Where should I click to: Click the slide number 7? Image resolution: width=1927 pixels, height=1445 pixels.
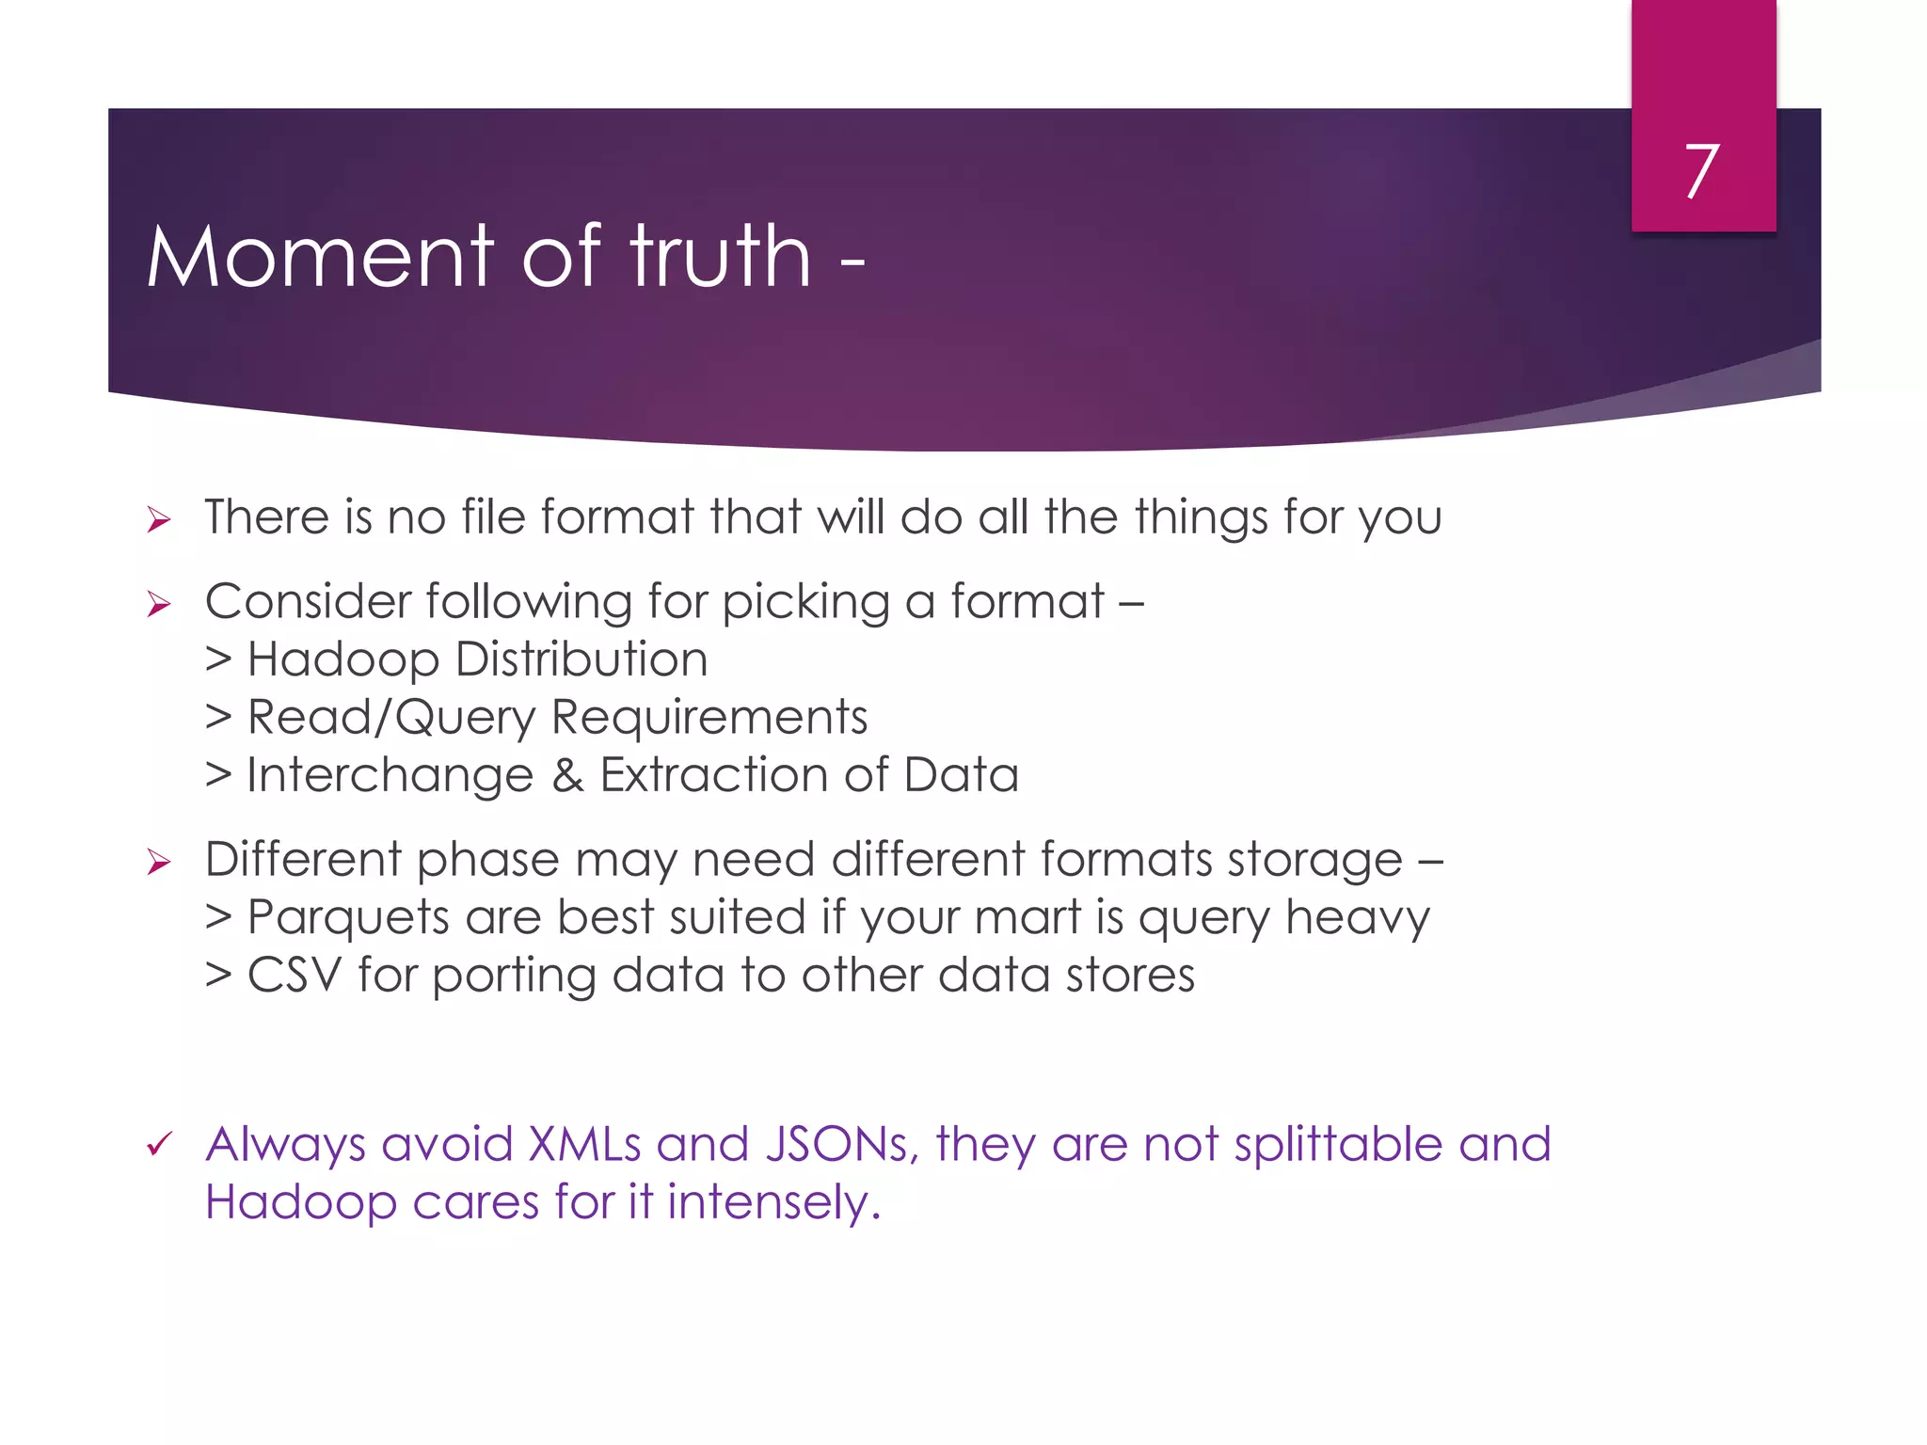(x=1702, y=171)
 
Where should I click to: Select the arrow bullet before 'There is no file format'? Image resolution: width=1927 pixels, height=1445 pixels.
(x=159, y=519)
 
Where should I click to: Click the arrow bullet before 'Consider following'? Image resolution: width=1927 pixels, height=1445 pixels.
(x=159, y=604)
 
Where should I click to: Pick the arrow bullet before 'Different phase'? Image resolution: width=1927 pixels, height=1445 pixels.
(x=159, y=862)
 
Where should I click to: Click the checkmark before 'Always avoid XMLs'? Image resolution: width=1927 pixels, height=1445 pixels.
(x=159, y=1145)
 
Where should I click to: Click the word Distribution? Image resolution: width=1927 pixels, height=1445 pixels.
(x=581, y=659)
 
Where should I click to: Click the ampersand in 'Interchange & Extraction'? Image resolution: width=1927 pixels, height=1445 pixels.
(x=567, y=776)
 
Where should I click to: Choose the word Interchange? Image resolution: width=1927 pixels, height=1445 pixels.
(x=390, y=776)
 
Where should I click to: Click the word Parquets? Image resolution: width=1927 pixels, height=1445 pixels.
(x=348, y=918)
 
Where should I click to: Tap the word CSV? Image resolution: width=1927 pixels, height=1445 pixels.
(x=294, y=976)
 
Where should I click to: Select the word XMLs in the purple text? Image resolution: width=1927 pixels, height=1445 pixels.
(x=584, y=1145)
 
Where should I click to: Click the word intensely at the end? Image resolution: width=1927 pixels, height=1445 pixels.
(x=773, y=1203)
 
